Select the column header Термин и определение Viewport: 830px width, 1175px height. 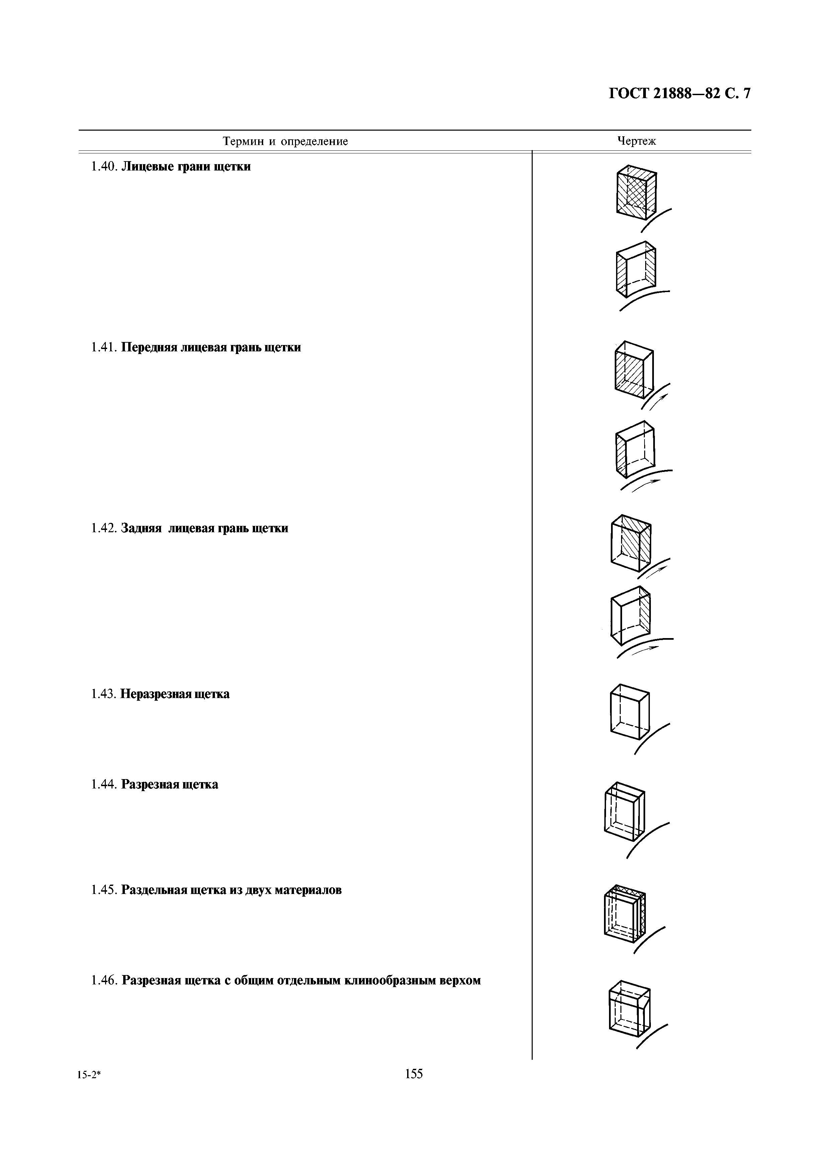(x=285, y=141)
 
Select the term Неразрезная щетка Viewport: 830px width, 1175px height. (x=175, y=694)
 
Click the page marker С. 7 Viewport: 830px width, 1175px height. (x=735, y=94)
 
